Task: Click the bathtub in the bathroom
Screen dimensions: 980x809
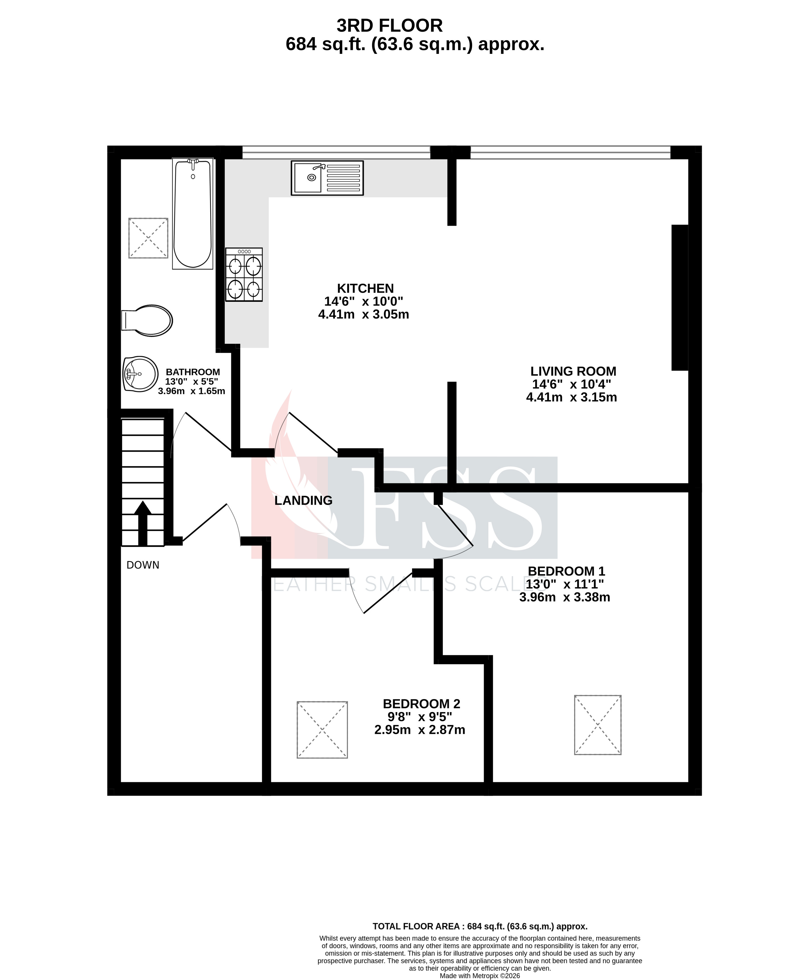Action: [192, 214]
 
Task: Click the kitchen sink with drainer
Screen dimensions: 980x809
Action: [327, 178]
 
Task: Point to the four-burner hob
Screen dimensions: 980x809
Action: [244, 275]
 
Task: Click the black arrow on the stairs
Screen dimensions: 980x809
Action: [143, 522]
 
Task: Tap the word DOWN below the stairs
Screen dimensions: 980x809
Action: [143, 565]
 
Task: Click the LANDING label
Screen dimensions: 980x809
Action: [303, 500]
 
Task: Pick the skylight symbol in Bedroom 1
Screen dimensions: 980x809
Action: [598, 725]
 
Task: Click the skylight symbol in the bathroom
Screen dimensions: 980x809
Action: [148, 238]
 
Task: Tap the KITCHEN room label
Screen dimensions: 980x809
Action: [365, 288]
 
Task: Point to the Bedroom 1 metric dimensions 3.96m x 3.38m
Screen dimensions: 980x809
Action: [564, 597]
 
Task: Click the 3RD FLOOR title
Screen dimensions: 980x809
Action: [390, 26]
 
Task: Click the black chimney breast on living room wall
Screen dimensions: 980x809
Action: [680, 297]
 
